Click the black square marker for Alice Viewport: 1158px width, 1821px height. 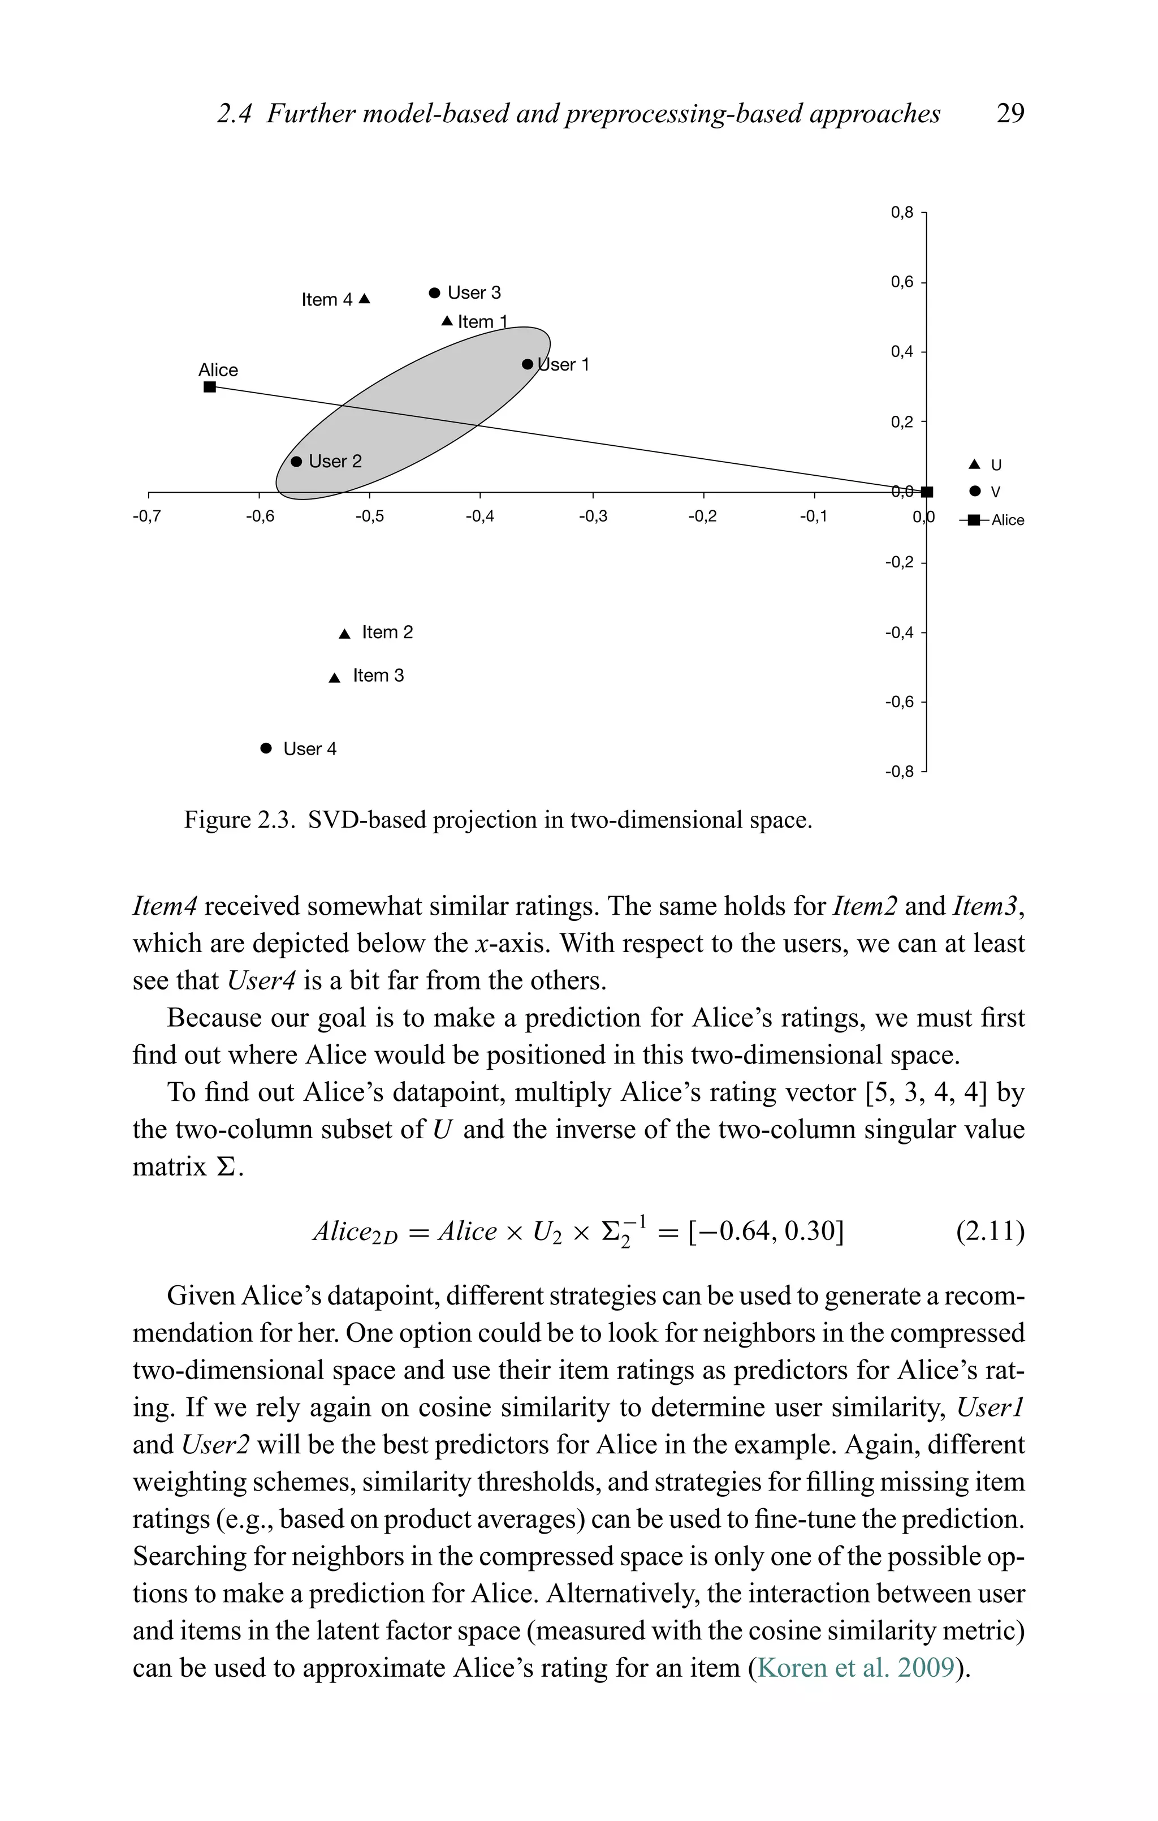click(x=210, y=387)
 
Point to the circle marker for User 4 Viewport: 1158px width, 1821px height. click(x=265, y=748)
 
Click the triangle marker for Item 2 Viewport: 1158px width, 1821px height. click(x=345, y=634)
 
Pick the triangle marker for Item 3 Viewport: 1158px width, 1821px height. click(x=335, y=678)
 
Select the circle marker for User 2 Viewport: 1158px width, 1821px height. click(x=296, y=461)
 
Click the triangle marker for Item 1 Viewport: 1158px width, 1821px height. click(x=447, y=321)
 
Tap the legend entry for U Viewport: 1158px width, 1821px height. click(x=986, y=464)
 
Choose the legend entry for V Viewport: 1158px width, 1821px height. click(x=985, y=492)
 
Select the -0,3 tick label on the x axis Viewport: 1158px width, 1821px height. click(x=593, y=517)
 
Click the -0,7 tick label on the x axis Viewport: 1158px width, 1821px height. click(x=148, y=517)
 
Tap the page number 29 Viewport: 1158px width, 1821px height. click(x=1010, y=114)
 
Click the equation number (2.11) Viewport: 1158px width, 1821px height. click(x=990, y=1232)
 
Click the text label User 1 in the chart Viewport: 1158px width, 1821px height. click(x=563, y=364)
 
